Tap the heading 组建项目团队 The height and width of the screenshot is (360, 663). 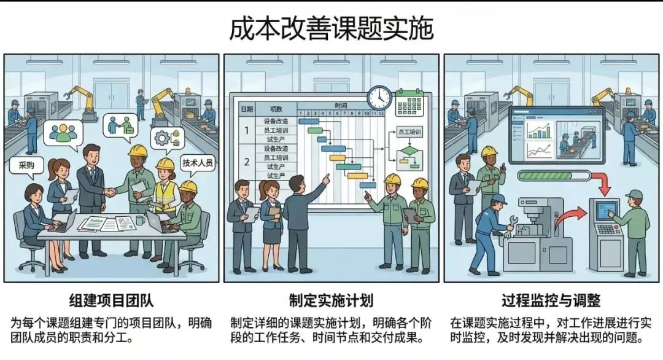click(x=110, y=300)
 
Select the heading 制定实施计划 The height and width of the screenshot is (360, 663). click(x=331, y=300)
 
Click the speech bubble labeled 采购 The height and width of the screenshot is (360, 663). click(x=27, y=165)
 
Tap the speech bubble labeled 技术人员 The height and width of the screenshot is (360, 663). click(x=197, y=163)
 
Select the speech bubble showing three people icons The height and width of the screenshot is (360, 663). click(x=63, y=132)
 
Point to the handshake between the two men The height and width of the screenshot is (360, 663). click(x=111, y=192)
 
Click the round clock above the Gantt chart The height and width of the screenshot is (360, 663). click(x=379, y=98)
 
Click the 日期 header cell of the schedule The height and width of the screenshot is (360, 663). click(x=246, y=109)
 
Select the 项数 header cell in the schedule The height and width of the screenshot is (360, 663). click(x=276, y=109)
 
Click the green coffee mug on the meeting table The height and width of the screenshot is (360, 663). click(x=141, y=219)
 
